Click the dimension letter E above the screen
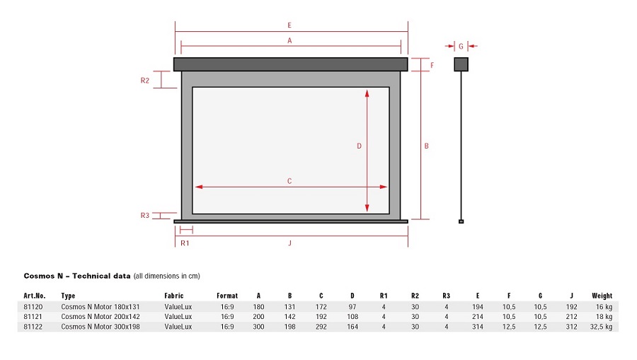point(289,25)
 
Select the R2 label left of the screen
point(145,81)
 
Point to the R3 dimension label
point(145,216)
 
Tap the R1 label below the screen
point(185,243)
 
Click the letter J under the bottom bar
point(289,243)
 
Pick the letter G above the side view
point(461,46)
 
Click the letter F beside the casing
point(432,65)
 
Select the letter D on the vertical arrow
point(359,146)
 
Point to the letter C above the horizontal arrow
point(289,181)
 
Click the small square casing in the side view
point(461,64)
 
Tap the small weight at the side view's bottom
point(461,221)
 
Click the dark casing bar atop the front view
point(290,64)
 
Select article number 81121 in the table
point(33,317)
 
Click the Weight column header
point(602,296)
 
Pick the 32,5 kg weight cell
point(601,327)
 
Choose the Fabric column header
point(174,296)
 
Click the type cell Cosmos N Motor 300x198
point(101,327)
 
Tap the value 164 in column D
point(352,327)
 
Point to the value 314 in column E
point(478,327)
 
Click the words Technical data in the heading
point(101,276)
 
